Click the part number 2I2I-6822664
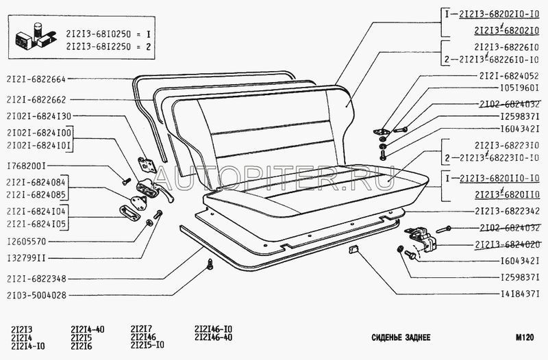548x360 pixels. point(38,79)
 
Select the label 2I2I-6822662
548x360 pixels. point(38,99)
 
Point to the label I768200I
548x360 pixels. point(27,165)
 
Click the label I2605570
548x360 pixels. point(26,241)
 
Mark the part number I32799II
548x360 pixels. point(27,259)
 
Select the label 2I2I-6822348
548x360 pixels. point(38,278)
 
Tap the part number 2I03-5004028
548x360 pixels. point(38,295)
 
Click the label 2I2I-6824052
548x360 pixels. point(509,75)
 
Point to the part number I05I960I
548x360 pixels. point(520,89)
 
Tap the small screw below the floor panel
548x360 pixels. point(210,263)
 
